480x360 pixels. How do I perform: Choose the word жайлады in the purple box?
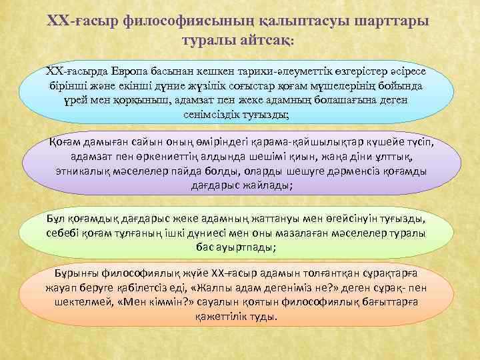pos(263,185)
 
